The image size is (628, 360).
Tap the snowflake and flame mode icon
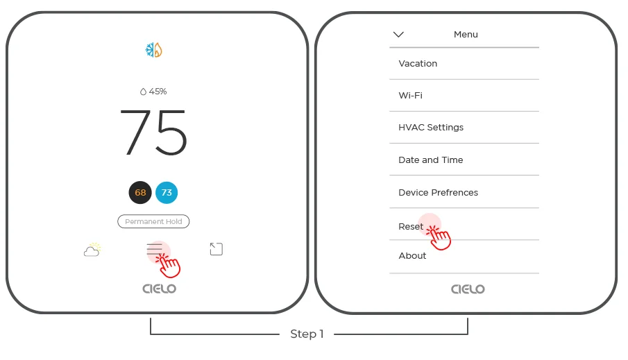[x=154, y=50]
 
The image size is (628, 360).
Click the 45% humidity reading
[x=153, y=92]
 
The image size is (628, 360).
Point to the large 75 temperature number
[x=153, y=132]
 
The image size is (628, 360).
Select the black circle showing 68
[x=140, y=193]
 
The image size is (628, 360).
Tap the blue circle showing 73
[x=167, y=193]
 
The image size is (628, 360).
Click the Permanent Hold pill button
[x=153, y=221]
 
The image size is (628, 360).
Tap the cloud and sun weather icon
[x=92, y=249]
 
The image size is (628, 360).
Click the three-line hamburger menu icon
[x=154, y=249]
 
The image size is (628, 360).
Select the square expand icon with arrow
[x=217, y=249]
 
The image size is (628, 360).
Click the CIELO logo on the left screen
[x=160, y=289]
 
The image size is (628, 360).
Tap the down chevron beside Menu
[x=398, y=35]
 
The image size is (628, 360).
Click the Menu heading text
[x=466, y=35]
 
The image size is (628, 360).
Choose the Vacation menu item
[x=418, y=64]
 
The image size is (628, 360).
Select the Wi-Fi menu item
[x=411, y=95]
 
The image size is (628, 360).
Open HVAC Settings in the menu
[x=431, y=128]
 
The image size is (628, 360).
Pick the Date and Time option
[x=430, y=160]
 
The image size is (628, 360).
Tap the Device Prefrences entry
[x=438, y=193]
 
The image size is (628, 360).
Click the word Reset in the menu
[x=411, y=227]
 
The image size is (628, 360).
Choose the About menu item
[x=412, y=256]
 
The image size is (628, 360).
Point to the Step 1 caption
[x=307, y=334]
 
